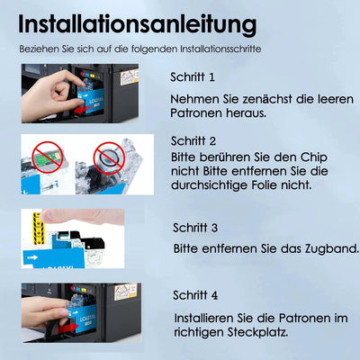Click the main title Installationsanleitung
[138, 24]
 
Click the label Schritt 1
[193, 77]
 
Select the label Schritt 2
[193, 140]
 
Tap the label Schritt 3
[195, 228]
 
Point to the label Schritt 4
[195, 295]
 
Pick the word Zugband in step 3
[332, 249]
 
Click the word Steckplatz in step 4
[257, 332]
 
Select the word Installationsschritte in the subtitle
[220, 49]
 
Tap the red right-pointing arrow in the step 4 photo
[65, 328]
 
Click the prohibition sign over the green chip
[48, 157]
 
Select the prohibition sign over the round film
[109, 157]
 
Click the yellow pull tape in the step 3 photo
[38, 228]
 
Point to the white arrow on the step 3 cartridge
[32, 257]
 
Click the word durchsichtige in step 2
[205, 184]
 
